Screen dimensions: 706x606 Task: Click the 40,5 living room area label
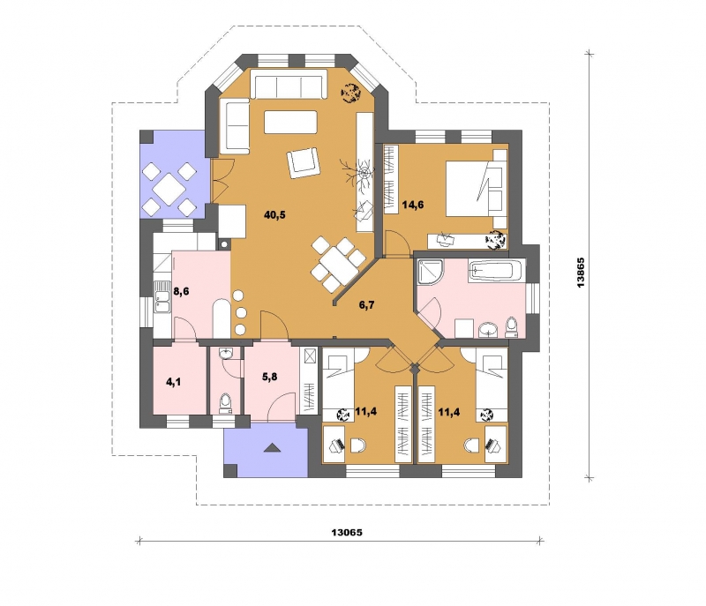click(x=274, y=215)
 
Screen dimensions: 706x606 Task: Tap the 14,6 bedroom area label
click(x=413, y=206)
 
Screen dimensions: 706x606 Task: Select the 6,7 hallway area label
click(x=366, y=305)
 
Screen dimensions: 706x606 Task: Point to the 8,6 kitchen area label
click(x=181, y=291)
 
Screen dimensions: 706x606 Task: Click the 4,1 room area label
click(x=173, y=383)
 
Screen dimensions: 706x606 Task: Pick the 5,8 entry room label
click(x=269, y=377)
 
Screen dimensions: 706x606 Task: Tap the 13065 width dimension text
click(x=347, y=533)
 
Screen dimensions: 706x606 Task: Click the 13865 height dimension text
click(x=581, y=273)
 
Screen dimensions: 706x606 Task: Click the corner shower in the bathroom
click(x=431, y=272)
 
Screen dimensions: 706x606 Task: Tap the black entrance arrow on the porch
click(x=272, y=447)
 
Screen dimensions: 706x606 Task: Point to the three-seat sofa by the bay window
click(x=289, y=84)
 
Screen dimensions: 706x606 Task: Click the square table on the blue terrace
click(x=169, y=189)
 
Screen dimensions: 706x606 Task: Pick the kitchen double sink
click(x=161, y=296)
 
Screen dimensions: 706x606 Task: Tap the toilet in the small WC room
click(x=225, y=403)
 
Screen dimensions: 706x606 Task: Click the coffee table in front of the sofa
click(x=291, y=123)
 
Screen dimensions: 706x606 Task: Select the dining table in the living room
click(x=339, y=265)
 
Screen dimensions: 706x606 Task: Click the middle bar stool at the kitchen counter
click(x=241, y=312)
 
